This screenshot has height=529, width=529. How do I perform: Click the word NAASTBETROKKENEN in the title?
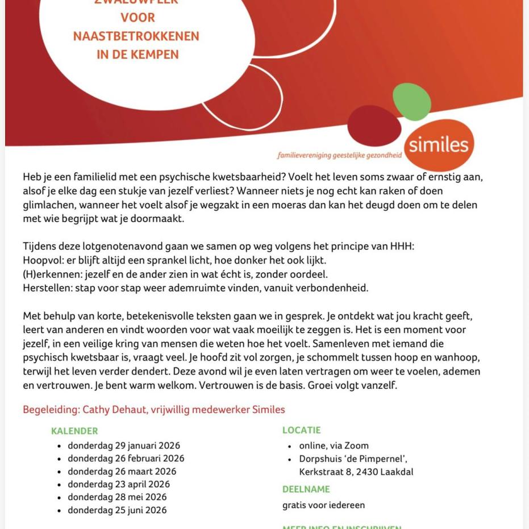pos(136,36)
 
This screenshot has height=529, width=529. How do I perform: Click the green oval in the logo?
pos(412,101)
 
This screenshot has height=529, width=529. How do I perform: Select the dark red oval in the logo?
pos(374,125)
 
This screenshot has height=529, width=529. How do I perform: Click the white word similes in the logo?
pos(439,144)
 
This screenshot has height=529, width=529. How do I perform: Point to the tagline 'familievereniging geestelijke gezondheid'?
pos(339,155)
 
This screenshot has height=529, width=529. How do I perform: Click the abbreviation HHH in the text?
pos(402,246)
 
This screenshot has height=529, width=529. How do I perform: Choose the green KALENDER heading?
pos(74,431)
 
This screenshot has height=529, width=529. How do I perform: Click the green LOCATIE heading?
pos(302,430)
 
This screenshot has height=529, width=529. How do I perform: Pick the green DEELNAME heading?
pos(306,489)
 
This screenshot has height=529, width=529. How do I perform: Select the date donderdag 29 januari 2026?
pos(124,445)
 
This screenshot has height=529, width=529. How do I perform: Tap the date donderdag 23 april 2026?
pos(119,484)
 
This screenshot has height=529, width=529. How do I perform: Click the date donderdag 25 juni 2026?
pos(117,510)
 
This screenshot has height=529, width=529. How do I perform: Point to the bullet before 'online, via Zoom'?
pos(289,446)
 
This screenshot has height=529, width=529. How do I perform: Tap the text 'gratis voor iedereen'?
pos(324,505)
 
